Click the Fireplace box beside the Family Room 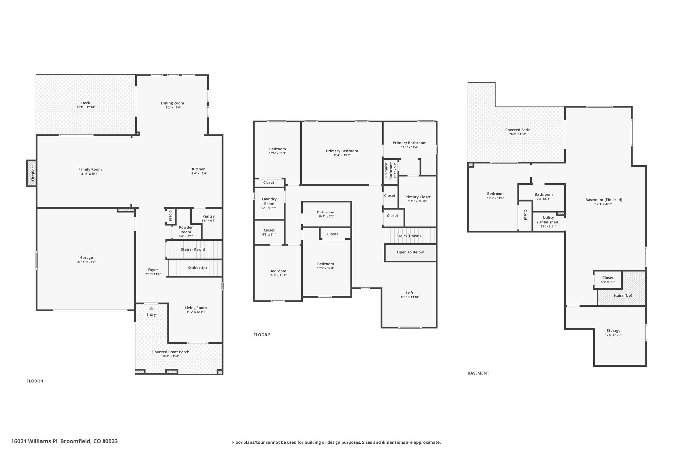tap(32, 173)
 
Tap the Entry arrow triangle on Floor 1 tap(151, 308)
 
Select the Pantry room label tap(208, 216)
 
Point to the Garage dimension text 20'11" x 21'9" tap(86, 262)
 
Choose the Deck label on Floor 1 tap(86, 103)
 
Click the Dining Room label tap(173, 103)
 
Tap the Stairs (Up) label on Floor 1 tap(197, 268)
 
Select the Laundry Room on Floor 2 tap(269, 203)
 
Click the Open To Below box tap(410, 253)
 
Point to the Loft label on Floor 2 tap(410, 293)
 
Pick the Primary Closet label tap(417, 197)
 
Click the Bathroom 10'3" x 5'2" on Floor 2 tap(326, 214)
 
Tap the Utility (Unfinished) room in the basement tap(548, 222)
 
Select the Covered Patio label tap(518, 130)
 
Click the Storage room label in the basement tap(614, 331)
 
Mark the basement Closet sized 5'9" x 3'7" tap(608, 280)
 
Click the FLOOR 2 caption tap(262, 335)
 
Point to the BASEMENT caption tap(478, 373)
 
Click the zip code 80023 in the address tap(109, 441)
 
